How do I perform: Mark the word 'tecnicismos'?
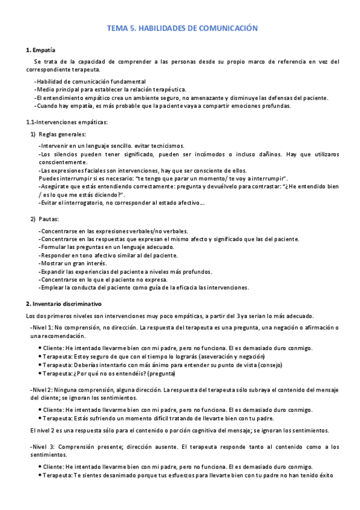click(x=168, y=146)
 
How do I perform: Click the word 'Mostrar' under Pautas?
click(x=51, y=263)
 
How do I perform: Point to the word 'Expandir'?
click(x=52, y=272)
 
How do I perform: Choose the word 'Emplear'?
click(x=52, y=288)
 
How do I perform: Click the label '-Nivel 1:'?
click(x=44, y=327)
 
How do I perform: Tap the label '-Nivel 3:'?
click(x=44, y=447)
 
